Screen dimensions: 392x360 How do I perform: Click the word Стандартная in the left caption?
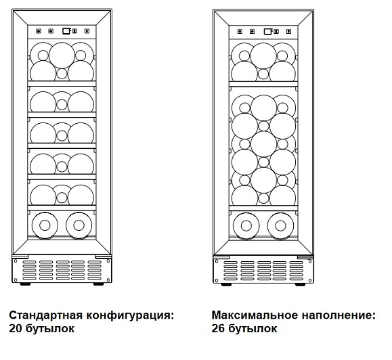click(46, 315)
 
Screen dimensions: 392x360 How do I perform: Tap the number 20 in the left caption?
click(15, 328)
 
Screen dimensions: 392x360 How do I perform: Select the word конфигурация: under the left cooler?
click(130, 315)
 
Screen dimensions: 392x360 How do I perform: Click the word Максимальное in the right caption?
click(255, 315)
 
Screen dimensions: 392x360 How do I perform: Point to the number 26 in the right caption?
click(217, 328)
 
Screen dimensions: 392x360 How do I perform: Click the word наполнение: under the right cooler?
click(339, 315)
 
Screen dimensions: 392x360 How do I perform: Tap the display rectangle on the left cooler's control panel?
click(66, 31)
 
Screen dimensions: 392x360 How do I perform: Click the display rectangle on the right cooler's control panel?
click(267, 32)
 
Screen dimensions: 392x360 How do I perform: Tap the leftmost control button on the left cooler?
click(39, 31)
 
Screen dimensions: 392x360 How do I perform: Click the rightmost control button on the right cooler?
click(288, 32)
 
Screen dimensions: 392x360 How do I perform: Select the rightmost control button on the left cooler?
click(87, 31)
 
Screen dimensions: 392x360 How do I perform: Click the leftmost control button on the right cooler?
click(240, 32)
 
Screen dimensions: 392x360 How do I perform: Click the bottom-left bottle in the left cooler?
click(45, 225)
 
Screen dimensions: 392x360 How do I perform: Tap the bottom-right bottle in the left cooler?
click(79, 225)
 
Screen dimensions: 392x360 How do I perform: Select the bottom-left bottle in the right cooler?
click(246, 226)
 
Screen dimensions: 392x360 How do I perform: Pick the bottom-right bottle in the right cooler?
click(280, 226)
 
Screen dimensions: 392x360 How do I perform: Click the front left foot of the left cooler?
click(25, 284)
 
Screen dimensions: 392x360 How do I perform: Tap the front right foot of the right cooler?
click(301, 284)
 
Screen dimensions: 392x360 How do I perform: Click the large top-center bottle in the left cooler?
click(62, 55)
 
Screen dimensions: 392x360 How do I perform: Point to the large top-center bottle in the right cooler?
click(263, 56)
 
